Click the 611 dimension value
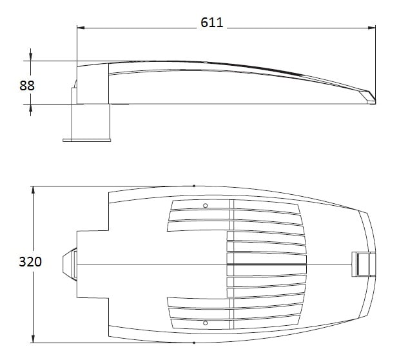[x=211, y=23]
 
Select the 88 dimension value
[x=27, y=86]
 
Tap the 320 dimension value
[x=30, y=262]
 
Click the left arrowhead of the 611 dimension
[x=81, y=28]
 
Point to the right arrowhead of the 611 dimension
[x=372, y=28]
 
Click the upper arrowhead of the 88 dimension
[x=30, y=57]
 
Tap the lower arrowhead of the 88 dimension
[x=30, y=108]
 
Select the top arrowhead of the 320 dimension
[x=33, y=190]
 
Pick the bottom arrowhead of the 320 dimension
[x=33, y=339]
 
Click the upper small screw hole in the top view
[x=206, y=206]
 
